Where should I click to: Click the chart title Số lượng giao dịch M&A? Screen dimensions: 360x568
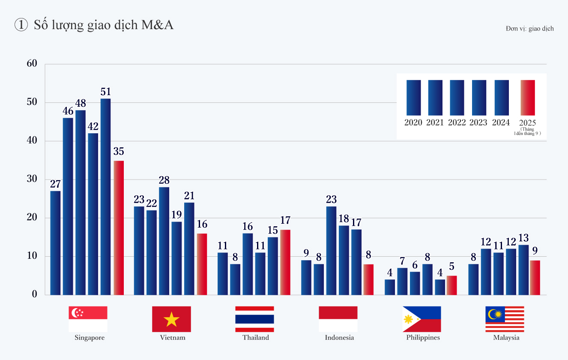103,25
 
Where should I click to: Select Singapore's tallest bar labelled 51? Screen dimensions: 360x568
105,197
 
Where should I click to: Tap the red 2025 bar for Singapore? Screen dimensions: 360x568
119,228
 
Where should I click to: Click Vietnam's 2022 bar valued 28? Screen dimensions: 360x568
164,241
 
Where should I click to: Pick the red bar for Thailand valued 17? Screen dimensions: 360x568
285,262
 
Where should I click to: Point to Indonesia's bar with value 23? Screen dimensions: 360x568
331,251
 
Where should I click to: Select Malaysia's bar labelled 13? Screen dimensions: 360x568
523,270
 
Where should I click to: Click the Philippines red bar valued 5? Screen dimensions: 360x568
452,285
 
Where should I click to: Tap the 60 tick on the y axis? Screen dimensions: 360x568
32,63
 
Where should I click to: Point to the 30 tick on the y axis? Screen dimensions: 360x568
32,179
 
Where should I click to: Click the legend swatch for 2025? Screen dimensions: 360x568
528,97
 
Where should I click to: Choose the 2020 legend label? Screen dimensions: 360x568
413,123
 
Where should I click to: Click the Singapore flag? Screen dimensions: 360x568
88,319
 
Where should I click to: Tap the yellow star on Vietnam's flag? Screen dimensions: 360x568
171,319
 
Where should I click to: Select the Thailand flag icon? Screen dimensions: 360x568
254,319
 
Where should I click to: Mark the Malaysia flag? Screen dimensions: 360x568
505,319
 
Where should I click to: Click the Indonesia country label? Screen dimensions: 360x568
339,338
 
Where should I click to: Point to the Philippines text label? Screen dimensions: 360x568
423,338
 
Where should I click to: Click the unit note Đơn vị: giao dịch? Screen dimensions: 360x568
529,29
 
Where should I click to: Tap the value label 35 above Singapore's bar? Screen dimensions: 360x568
119,151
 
